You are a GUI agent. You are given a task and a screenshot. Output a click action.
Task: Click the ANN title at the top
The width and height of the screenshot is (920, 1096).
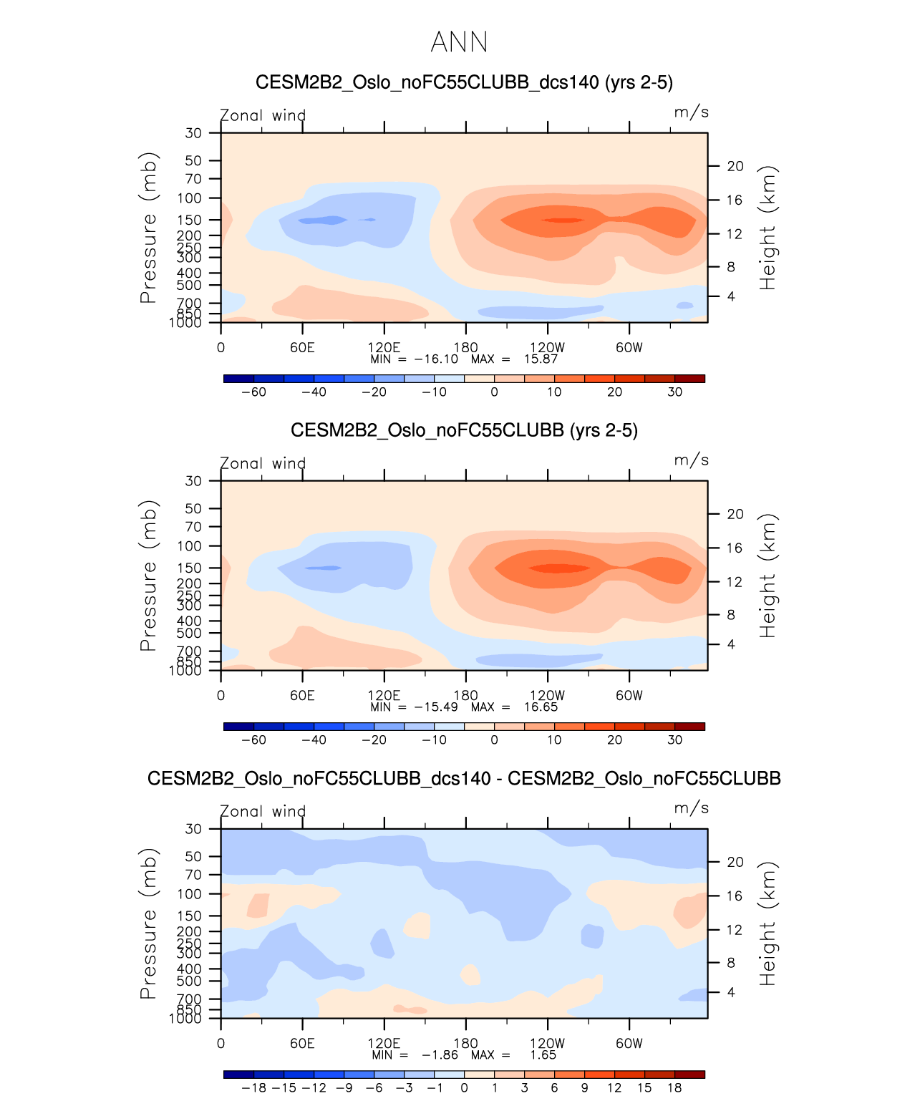click(459, 42)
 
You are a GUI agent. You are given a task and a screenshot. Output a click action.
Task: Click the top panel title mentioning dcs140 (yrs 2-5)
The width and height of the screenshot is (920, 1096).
click(464, 82)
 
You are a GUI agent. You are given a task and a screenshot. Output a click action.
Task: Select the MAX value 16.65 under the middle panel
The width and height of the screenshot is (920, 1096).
click(541, 707)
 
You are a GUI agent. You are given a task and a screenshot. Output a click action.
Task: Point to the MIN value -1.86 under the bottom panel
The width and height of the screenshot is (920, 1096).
click(440, 1055)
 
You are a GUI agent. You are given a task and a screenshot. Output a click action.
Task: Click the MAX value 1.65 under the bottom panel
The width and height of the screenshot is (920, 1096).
click(543, 1055)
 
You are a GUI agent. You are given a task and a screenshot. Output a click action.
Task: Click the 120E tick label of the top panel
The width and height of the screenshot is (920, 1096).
click(384, 348)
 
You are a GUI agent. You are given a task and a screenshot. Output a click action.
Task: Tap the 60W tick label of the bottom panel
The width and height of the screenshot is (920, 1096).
click(629, 1044)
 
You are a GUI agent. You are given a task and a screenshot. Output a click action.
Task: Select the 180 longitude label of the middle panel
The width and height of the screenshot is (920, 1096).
click(465, 696)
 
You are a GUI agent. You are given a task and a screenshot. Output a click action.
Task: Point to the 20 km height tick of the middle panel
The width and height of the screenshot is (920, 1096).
click(735, 514)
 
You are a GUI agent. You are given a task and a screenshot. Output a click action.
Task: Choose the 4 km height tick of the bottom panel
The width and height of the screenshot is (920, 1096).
click(731, 992)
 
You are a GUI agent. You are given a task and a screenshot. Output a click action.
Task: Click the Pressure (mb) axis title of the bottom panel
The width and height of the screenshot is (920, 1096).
click(148, 923)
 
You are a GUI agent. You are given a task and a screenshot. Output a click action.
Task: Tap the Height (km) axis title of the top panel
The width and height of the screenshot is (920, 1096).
click(768, 228)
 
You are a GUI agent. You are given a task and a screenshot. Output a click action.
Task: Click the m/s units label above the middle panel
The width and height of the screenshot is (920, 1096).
click(691, 460)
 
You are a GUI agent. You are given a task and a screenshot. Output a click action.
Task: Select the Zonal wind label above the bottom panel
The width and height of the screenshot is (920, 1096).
click(263, 811)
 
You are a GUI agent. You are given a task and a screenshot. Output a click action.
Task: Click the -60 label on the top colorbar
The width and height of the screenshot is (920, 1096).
click(253, 392)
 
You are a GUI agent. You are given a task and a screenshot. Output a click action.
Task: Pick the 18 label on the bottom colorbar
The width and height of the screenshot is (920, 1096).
click(674, 1088)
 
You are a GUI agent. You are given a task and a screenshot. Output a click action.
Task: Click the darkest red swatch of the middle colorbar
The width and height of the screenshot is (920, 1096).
click(689, 726)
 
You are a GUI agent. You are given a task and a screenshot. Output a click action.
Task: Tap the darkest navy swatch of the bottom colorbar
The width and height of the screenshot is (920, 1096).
click(238, 1074)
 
